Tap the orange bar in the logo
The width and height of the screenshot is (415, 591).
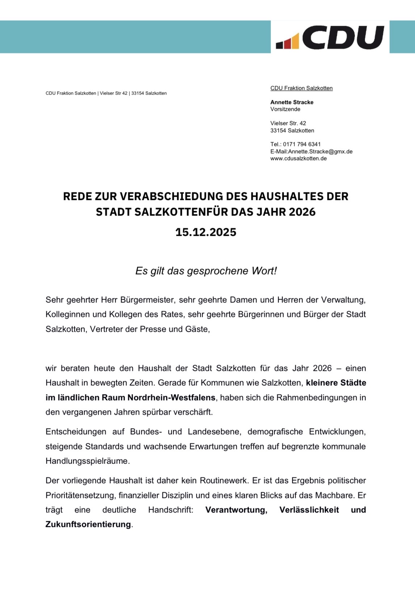tap(295, 41)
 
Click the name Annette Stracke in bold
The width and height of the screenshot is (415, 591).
tap(292, 102)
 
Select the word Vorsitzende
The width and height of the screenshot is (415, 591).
tap(285, 109)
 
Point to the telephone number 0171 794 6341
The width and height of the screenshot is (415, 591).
tap(302, 144)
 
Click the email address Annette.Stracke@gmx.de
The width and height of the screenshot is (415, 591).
tap(320, 151)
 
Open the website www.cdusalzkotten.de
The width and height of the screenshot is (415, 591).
tap(298, 158)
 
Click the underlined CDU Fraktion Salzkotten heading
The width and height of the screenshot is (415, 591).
tap(301, 88)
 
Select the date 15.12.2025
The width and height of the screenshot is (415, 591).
tap(206, 232)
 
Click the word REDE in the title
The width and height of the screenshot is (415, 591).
tap(78, 196)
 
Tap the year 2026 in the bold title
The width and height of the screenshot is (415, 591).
tap(302, 212)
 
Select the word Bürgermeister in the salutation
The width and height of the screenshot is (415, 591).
tap(146, 300)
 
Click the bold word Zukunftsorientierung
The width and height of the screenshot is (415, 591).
tap(88, 524)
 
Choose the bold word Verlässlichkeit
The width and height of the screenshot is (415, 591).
tap(309, 510)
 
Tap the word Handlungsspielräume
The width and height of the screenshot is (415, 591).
tap(87, 461)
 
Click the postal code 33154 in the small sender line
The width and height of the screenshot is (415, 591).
tap(138, 93)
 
